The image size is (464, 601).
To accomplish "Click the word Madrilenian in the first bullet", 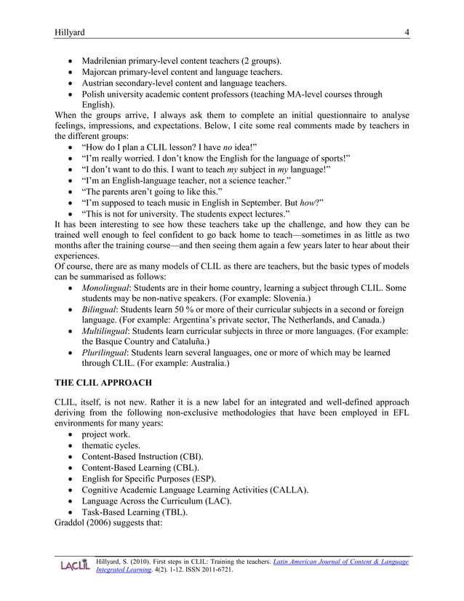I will point(110,60).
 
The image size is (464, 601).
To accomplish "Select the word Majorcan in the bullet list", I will point(103,72).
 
